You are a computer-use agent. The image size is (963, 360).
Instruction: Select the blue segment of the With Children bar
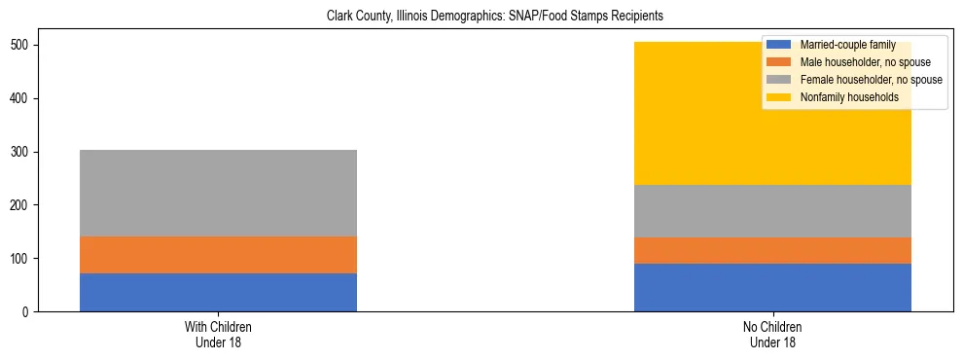(218, 292)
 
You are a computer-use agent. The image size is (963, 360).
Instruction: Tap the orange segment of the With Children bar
(218, 255)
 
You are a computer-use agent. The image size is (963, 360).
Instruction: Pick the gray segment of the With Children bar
(218, 193)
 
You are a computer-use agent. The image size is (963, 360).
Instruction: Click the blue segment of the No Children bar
(772, 287)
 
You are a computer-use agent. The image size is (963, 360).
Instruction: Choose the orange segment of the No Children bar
(772, 250)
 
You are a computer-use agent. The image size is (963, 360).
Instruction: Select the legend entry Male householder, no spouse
(851, 62)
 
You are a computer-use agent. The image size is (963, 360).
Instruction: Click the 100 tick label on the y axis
(21, 259)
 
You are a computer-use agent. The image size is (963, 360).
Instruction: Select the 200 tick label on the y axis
(21, 205)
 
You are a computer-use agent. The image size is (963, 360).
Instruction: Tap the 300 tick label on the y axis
(21, 153)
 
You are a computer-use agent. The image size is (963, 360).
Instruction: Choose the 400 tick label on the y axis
(21, 99)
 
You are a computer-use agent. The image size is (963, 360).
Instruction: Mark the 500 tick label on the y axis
(21, 46)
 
